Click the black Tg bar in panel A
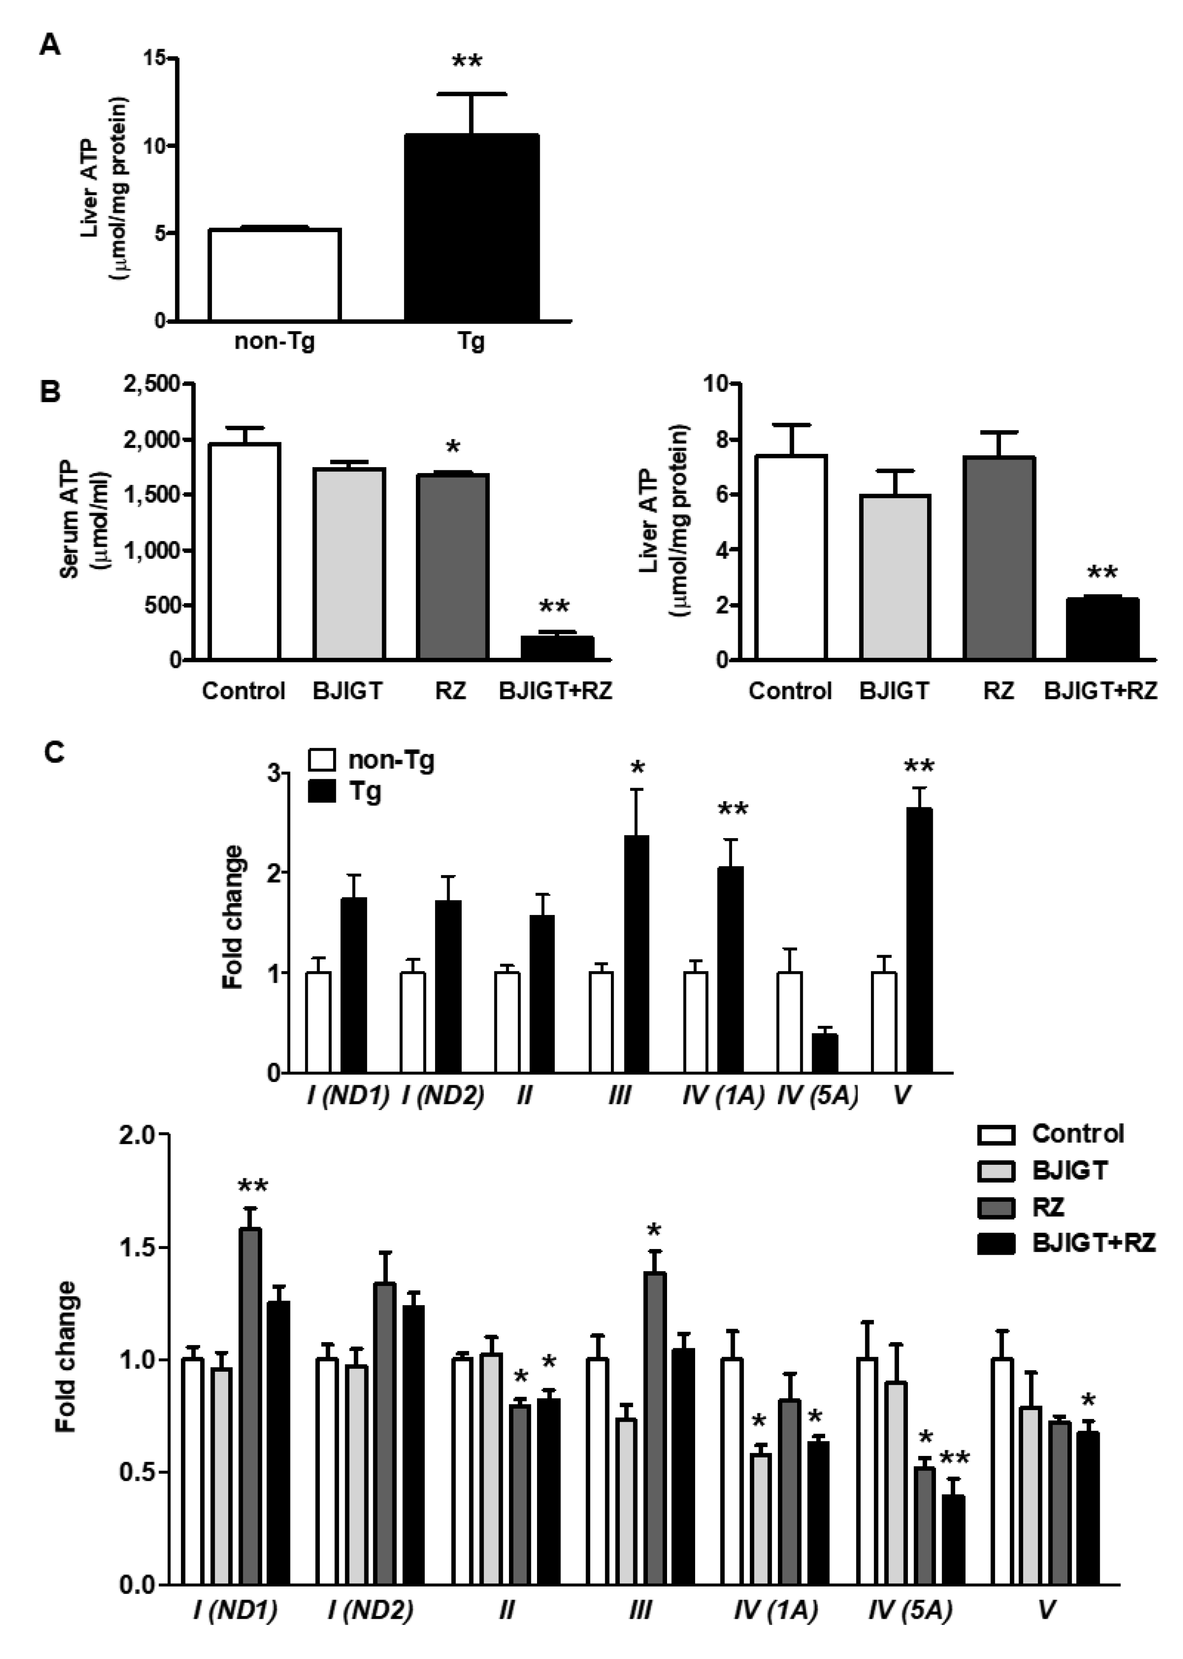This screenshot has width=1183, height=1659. (472, 228)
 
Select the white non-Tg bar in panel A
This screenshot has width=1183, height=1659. (275, 275)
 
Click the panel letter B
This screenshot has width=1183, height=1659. (50, 393)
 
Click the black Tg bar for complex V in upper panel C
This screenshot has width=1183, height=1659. (920, 940)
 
